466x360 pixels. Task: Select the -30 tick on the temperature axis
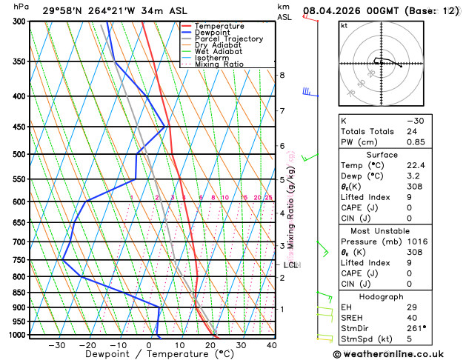[x=57, y=345]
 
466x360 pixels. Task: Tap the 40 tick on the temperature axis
[x=272, y=345]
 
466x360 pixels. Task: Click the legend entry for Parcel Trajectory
[x=228, y=39]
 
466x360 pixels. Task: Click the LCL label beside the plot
[x=290, y=264]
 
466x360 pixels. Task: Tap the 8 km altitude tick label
[x=282, y=76]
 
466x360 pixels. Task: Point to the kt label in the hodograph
[x=344, y=27]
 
